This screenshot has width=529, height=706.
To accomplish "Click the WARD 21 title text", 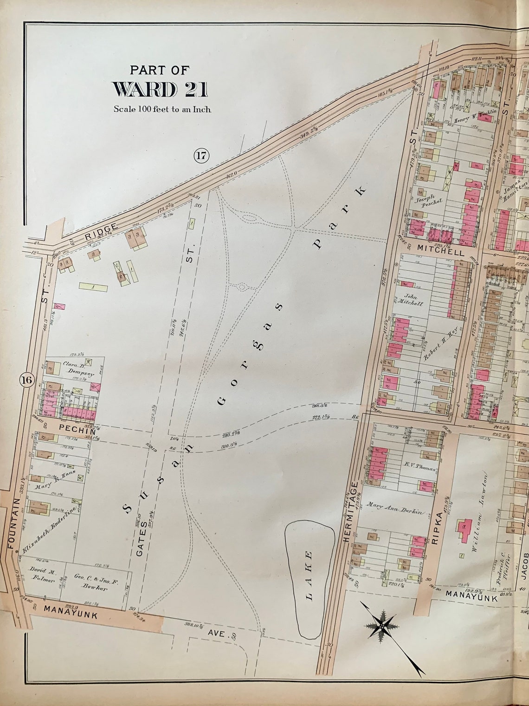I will pyautogui.click(x=160, y=89).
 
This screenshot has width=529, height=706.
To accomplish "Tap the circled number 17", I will pyautogui.click(x=202, y=156).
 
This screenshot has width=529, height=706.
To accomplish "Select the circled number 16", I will pyautogui.click(x=26, y=380).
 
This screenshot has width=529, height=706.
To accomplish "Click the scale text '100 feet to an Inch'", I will pyautogui.click(x=162, y=110).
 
